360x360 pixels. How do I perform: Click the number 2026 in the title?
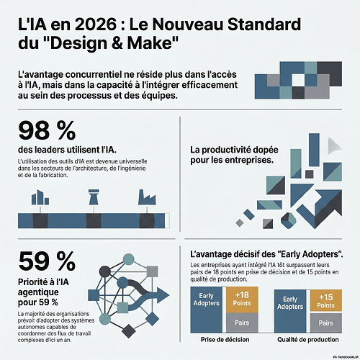96,24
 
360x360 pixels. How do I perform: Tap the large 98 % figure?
47,131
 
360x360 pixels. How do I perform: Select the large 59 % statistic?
47,261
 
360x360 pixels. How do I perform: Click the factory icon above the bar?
147,197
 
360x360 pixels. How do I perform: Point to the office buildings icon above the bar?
40,197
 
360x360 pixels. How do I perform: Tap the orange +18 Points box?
242,300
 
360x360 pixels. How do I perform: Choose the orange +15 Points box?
326,300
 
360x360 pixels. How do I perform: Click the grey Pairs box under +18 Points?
242,323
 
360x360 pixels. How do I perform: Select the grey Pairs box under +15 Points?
326,323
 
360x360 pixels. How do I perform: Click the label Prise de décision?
225,340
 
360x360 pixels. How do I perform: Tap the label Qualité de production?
308,340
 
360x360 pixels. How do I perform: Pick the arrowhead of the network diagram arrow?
163,295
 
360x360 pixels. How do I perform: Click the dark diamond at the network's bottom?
129,331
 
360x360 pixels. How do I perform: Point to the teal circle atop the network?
129,259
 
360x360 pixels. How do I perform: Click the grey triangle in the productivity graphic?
333,145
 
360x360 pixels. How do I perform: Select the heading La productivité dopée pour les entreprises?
234,155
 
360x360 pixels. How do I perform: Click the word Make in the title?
150,43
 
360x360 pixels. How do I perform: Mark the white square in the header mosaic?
298,80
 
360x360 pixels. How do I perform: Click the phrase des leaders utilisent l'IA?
67,150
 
